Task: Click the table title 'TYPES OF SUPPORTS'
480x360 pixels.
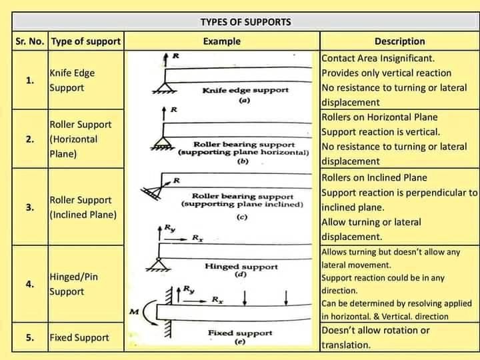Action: pos(245,21)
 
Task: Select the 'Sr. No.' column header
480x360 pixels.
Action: pos(29,41)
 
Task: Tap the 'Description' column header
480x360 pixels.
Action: pos(399,41)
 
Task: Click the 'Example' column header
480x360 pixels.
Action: pos(221,41)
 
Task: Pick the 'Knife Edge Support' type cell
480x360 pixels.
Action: pos(72,81)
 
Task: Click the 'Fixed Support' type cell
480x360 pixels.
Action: pos(79,337)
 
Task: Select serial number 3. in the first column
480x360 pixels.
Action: pos(29,207)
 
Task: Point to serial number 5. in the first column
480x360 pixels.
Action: pos(29,337)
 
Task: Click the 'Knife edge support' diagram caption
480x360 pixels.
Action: pos(245,90)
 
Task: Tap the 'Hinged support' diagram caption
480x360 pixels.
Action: pos(241,266)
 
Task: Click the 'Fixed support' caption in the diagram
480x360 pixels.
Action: pos(240,332)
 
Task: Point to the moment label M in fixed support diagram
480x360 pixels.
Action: pos(133,311)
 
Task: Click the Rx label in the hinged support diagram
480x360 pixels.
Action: pos(198,237)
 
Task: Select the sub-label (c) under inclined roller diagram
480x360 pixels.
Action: pos(242,217)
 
